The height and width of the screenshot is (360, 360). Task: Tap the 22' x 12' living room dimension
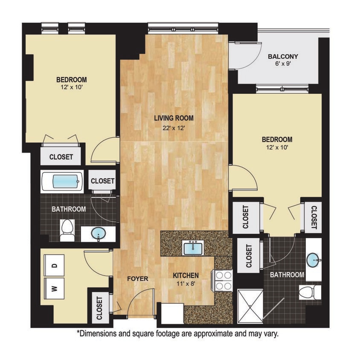tap(174, 127)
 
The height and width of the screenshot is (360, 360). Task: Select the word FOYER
tap(138, 279)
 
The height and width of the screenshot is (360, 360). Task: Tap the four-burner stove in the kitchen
tap(223, 280)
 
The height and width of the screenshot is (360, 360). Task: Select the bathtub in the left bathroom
tap(62, 182)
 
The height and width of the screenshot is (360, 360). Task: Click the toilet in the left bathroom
tap(67, 230)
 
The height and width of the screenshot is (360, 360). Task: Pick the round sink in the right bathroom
tap(314, 259)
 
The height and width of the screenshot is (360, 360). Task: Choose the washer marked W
tap(55, 289)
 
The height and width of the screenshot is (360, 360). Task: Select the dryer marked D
tap(55, 265)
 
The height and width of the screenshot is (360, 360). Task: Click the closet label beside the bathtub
tap(102, 181)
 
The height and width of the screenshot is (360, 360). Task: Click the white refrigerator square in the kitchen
tap(170, 314)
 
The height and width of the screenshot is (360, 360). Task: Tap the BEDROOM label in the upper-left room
tap(72, 80)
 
